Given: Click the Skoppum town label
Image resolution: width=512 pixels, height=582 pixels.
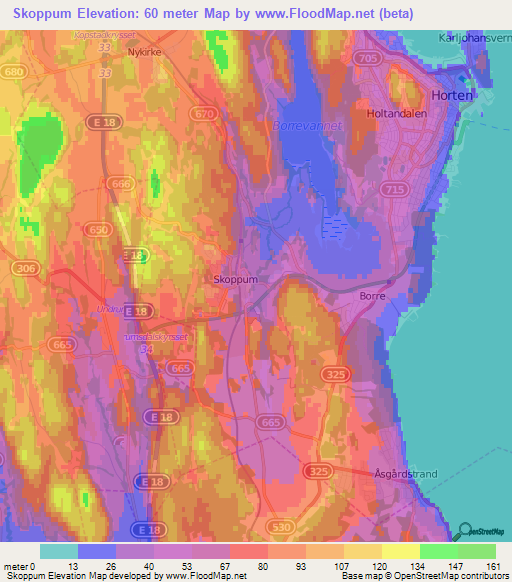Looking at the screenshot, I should [236, 280].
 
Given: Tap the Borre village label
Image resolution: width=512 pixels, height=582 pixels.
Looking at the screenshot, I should [372, 297].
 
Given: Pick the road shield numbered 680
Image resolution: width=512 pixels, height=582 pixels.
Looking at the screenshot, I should [14, 73].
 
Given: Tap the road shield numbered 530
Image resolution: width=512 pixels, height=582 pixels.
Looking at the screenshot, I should [279, 526].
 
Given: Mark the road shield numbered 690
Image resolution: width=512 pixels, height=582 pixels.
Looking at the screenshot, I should [99, 230].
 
